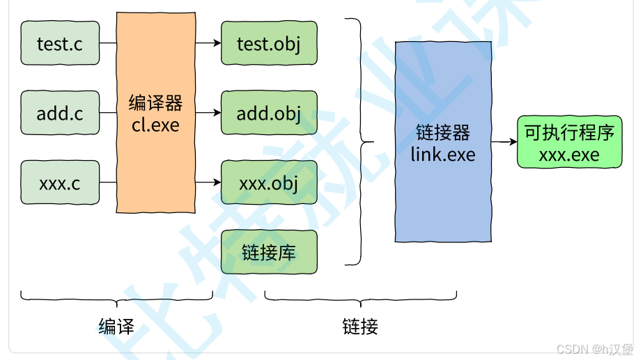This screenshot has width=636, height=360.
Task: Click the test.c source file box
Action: coord(60,43)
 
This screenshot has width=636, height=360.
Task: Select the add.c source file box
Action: coord(60,113)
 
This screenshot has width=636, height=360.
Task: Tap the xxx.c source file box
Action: coord(60,182)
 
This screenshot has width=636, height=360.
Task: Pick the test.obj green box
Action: coord(269,43)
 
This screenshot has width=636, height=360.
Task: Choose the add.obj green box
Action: coord(269,113)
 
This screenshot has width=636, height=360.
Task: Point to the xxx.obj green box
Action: coord(269,182)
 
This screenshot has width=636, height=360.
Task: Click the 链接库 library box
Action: coord(269,251)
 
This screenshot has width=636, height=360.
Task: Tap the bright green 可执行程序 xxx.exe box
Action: coord(569,142)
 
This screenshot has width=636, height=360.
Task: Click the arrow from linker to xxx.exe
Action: coord(504,142)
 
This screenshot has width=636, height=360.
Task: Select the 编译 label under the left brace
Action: coord(116,326)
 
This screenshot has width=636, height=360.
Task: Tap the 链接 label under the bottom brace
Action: coord(360,326)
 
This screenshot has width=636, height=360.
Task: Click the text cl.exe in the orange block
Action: coord(155,125)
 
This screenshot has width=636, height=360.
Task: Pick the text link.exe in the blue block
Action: coord(443,154)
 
